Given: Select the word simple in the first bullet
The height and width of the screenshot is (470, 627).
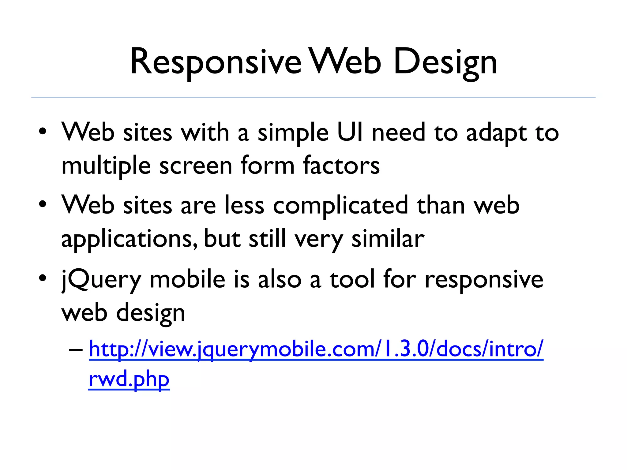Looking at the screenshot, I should tap(293, 133).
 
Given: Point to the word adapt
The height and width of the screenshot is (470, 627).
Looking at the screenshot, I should tap(496, 133).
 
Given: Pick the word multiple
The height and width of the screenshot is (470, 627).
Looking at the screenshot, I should tap(106, 166).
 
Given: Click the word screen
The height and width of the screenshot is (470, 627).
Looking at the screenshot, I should tap(196, 166).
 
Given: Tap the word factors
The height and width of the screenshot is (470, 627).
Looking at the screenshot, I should tap(341, 166).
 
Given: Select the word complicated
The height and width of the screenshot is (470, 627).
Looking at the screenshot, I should tap(340, 206).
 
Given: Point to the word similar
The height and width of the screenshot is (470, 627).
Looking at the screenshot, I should tap(388, 239).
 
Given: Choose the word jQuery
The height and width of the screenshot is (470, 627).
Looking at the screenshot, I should tap(101, 280).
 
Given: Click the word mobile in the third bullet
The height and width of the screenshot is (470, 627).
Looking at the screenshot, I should tap(187, 280).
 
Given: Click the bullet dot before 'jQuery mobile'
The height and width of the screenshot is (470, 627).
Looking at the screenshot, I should tap(43, 278).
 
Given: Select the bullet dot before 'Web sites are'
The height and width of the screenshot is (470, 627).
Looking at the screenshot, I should tap(43, 204).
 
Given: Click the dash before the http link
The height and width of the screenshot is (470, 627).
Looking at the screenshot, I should tap(76, 349).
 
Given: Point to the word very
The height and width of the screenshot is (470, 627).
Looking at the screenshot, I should tap(319, 239).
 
